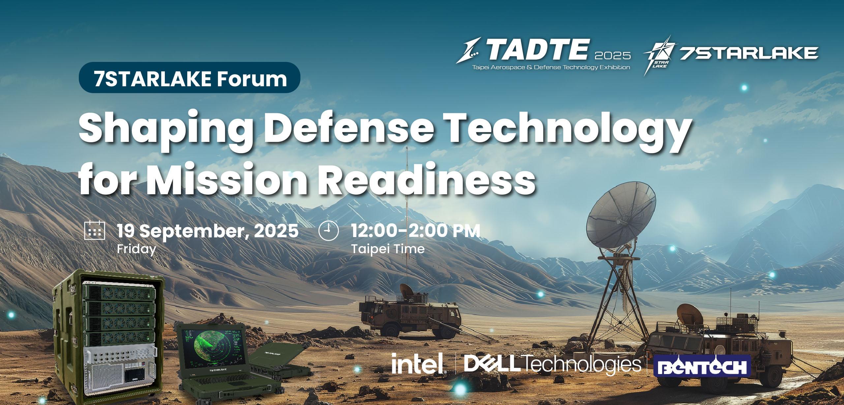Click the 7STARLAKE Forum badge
190,78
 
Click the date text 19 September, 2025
208,230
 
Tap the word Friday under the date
136,249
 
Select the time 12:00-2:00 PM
415,230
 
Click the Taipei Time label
388,249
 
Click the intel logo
418,363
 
